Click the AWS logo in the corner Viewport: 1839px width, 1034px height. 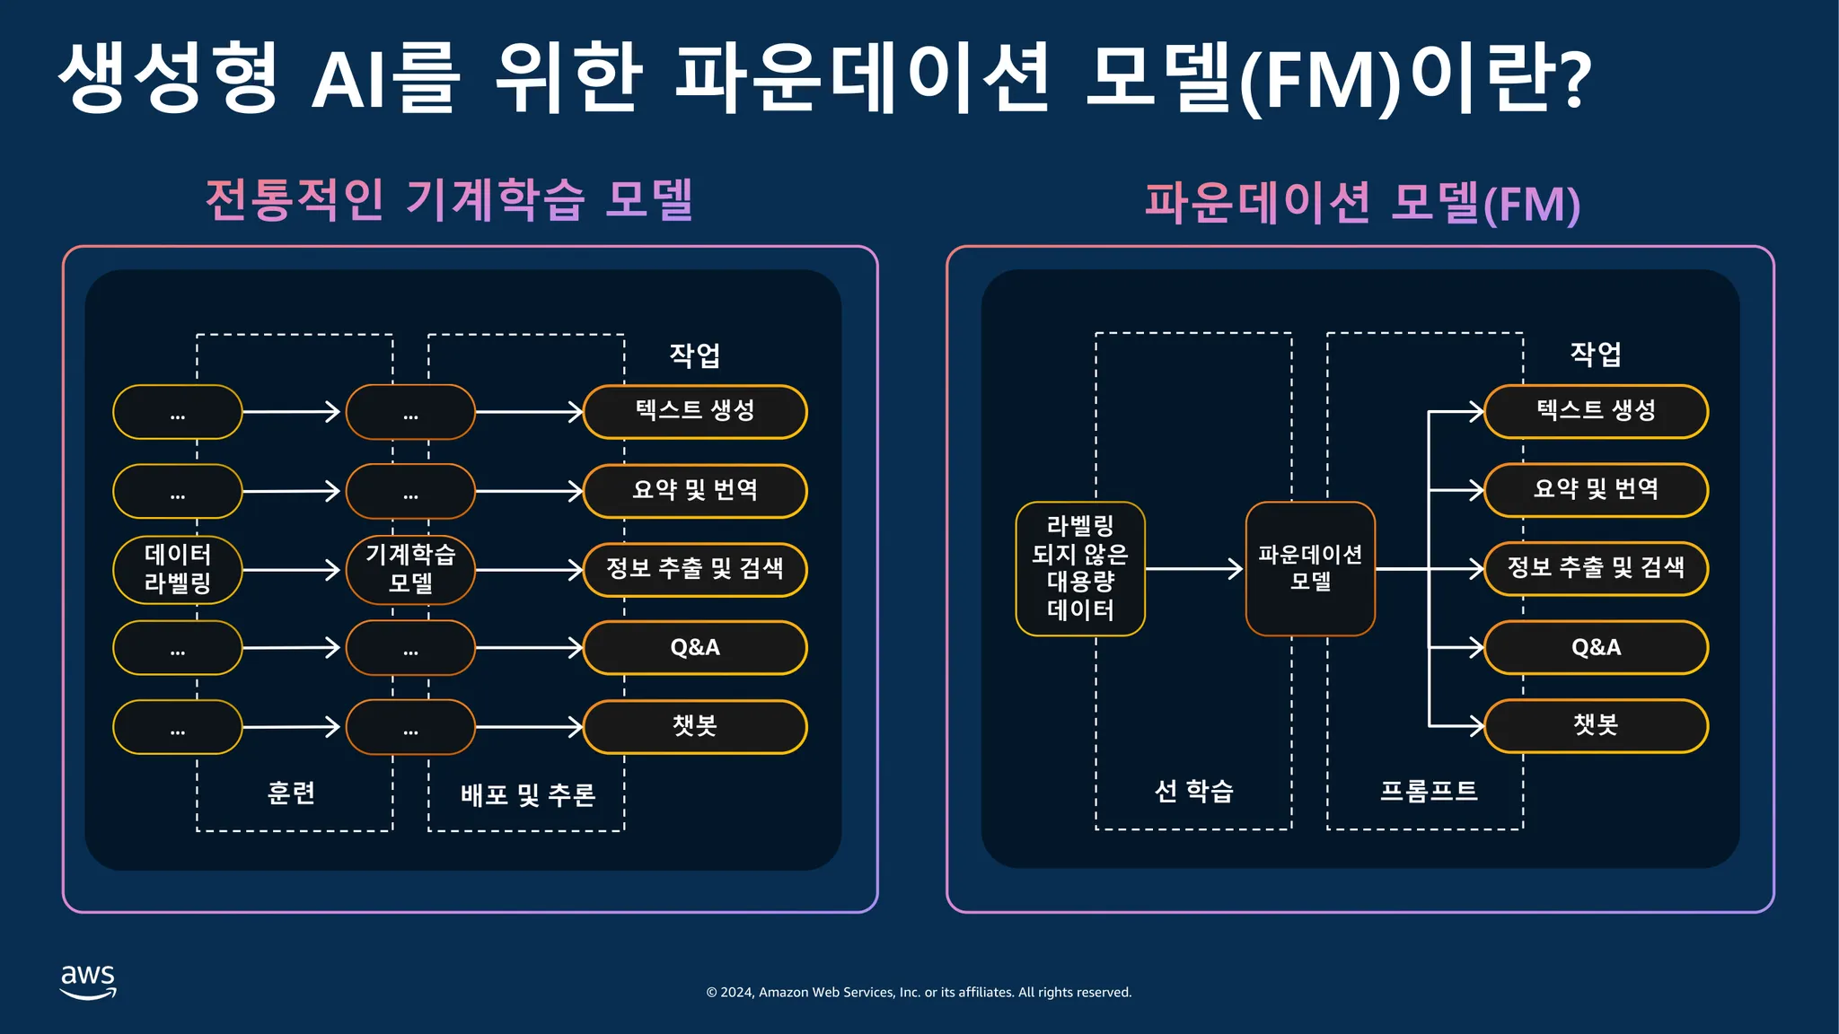pyautogui.click(x=88, y=981)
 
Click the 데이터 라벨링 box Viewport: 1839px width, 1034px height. pyautogui.click(x=178, y=569)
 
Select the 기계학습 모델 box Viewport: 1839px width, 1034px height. pyautogui.click(x=410, y=569)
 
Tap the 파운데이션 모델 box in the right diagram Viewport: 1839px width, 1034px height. pyautogui.click(x=1310, y=568)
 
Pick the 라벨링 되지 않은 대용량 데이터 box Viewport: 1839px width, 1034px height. pyautogui.click(x=1080, y=568)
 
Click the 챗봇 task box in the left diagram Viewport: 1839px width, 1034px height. pyautogui.click(x=695, y=726)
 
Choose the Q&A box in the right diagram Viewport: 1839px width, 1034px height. pyautogui.click(x=1596, y=647)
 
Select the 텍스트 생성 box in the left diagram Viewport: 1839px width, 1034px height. pyautogui.click(x=695, y=411)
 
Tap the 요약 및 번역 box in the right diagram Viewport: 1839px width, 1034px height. pyautogui.click(x=1596, y=490)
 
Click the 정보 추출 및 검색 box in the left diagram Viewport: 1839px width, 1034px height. pyautogui.click(x=695, y=569)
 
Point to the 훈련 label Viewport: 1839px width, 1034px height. pyautogui.click(x=292, y=793)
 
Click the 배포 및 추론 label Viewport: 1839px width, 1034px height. pyautogui.click(x=528, y=794)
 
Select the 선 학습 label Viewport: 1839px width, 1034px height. pyautogui.click(x=1193, y=791)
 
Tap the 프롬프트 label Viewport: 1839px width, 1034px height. pyautogui.click(x=1428, y=791)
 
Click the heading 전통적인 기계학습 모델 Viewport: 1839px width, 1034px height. pyautogui.click(x=449, y=199)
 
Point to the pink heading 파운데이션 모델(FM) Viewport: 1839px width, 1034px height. pyautogui.click(x=1361, y=203)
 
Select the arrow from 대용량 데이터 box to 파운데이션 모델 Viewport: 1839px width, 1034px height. pyautogui.click(x=1194, y=568)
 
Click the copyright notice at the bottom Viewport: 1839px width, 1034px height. pyautogui.click(x=919, y=992)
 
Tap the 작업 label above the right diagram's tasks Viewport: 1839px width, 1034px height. pyautogui.click(x=1596, y=354)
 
